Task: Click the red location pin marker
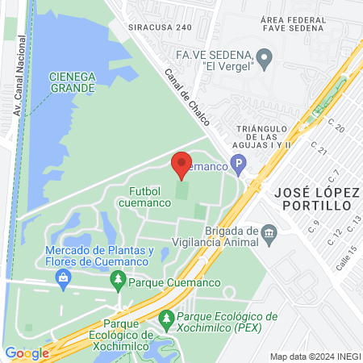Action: pos(181,165)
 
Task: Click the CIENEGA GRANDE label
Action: pos(73,82)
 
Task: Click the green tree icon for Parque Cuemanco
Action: pos(118,282)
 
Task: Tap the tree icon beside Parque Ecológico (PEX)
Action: pos(167,320)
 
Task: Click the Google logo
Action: pos(27,353)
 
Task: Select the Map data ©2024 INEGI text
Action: pos(314,357)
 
